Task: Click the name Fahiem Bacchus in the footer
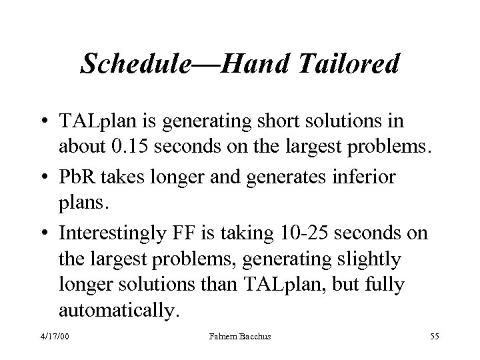pos(239,338)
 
